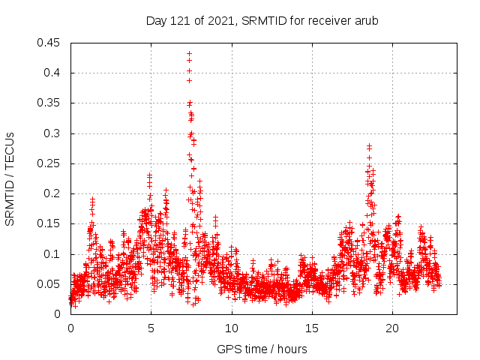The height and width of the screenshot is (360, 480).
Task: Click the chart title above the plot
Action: pyautogui.click(x=262, y=20)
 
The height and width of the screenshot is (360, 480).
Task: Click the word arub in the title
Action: pyautogui.click(x=366, y=20)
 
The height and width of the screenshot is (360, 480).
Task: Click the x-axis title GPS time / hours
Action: pyautogui.click(x=262, y=349)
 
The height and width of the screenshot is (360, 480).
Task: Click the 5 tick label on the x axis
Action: pyautogui.click(x=151, y=328)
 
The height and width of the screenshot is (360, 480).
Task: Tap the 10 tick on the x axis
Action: pyautogui.click(x=232, y=328)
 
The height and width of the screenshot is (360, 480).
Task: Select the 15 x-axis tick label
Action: pyautogui.click(x=312, y=328)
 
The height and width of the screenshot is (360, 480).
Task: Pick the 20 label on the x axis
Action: pyautogui.click(x=392, y=328)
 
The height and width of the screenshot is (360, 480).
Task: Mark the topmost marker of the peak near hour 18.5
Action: pyautogui.click(x=369, y=145)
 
